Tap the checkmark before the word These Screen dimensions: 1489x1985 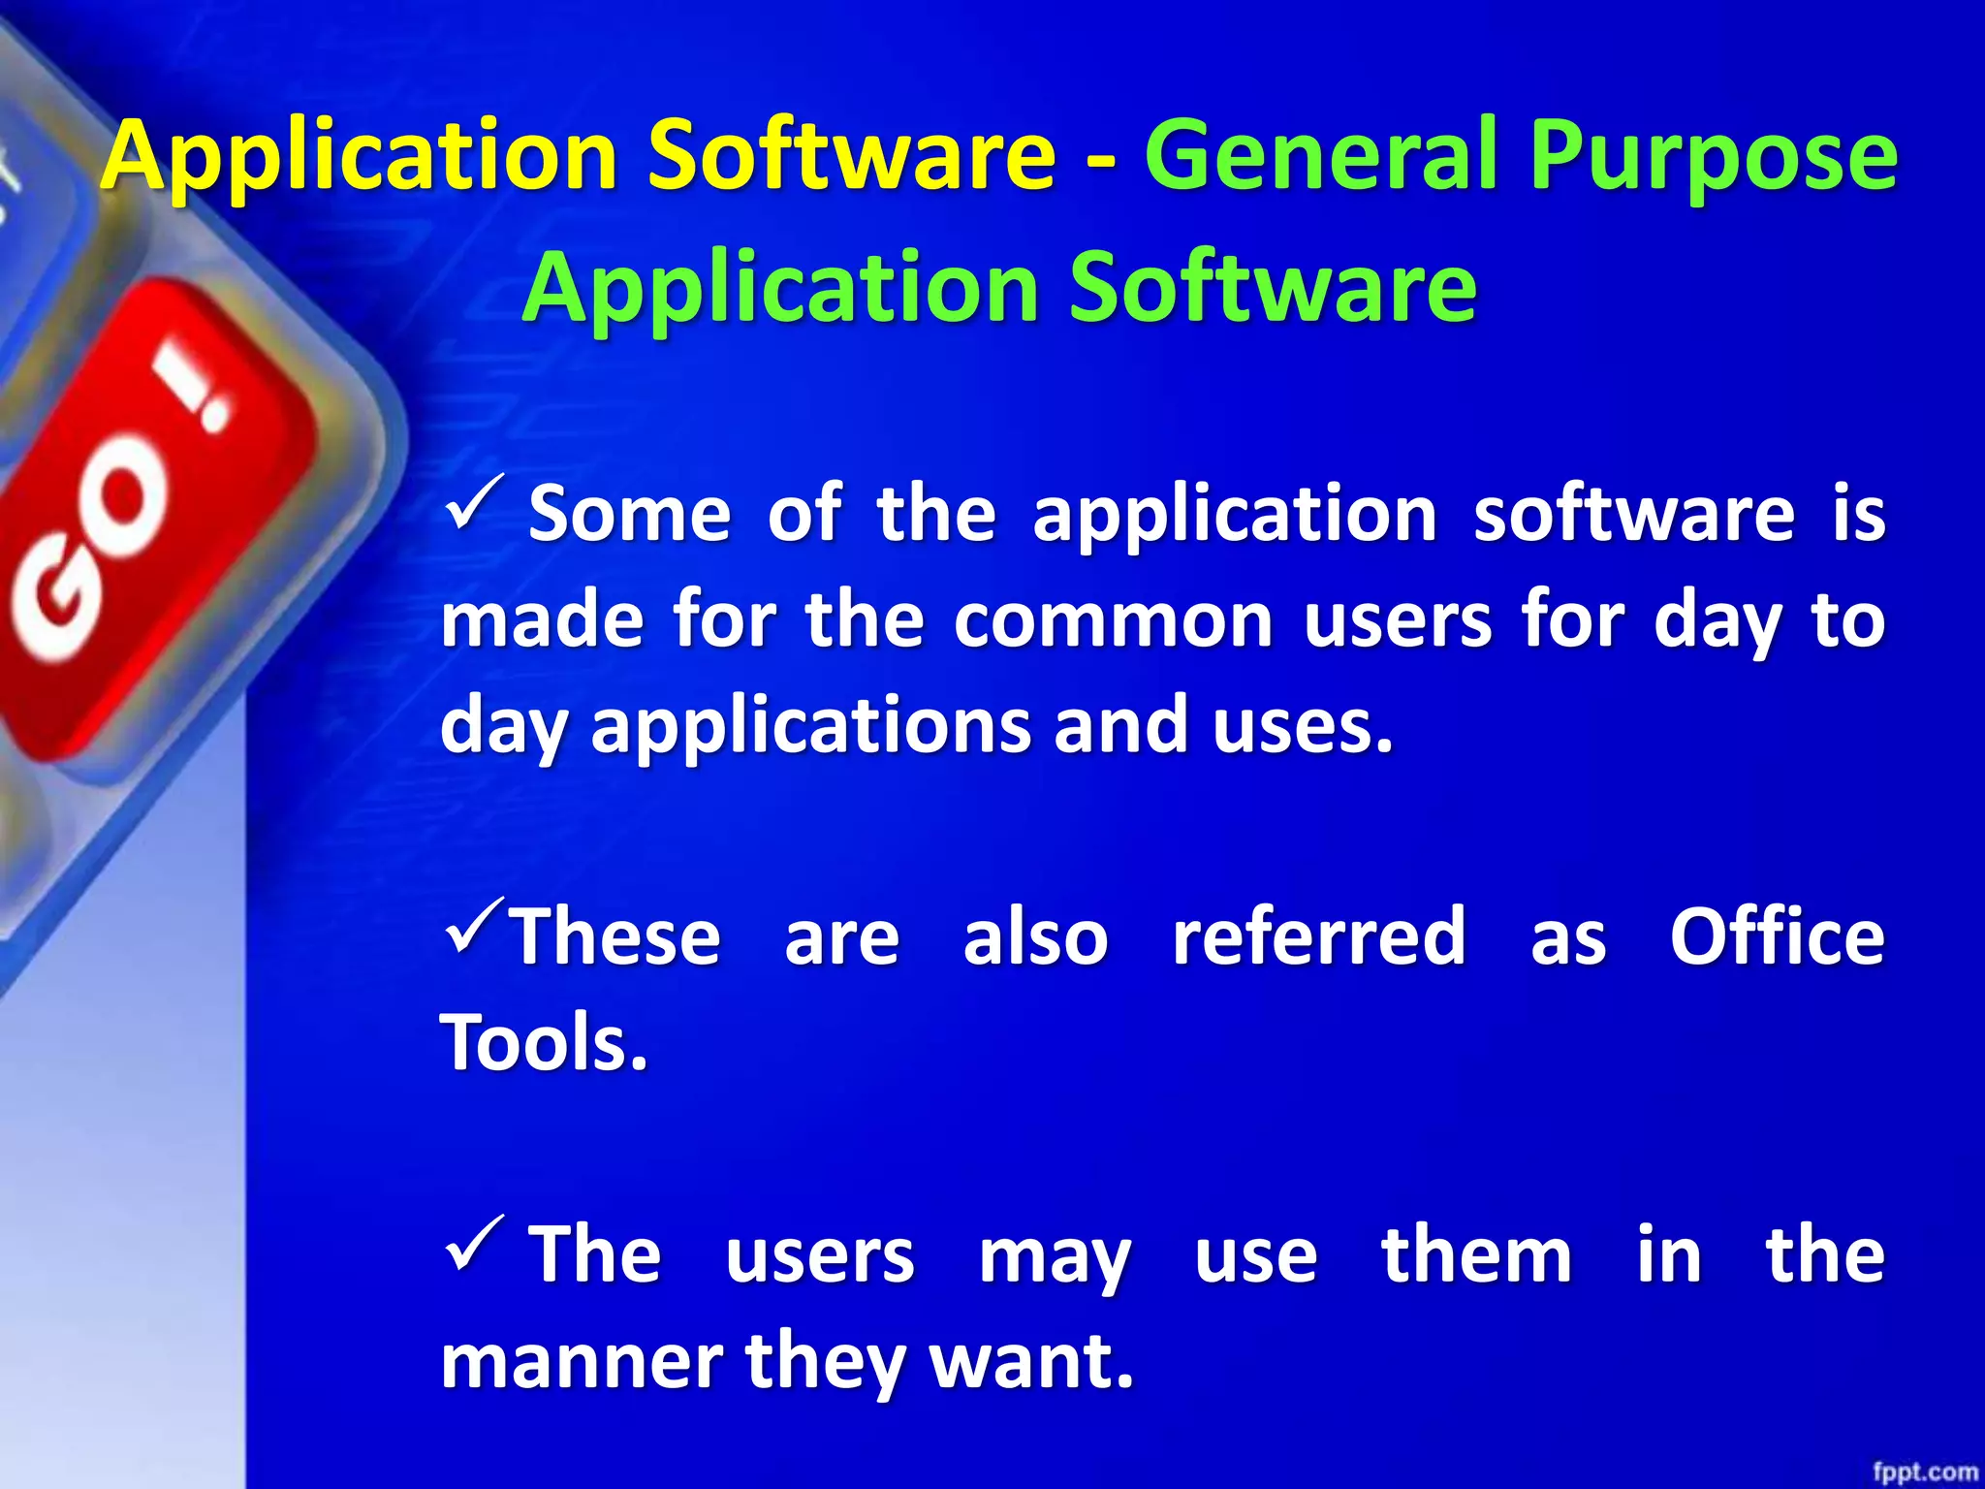475,925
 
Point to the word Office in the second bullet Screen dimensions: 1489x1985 1777,937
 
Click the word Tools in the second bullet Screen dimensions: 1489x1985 543,1043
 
